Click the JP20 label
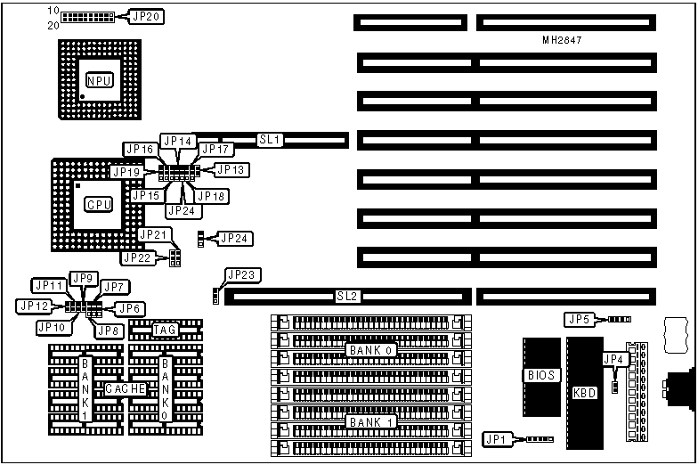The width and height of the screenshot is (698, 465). pyautogui.click(x=145, y=17)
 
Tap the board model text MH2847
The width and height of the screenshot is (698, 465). pyautogui.click(x=563, y=40)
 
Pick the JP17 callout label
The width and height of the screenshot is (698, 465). pyautogui.click(x=214, y=150)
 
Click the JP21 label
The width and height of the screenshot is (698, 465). pyautogui.click(x=153, y=233)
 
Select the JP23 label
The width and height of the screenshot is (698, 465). pyautogui.click(x=240, y=274)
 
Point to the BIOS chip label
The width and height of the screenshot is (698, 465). pyautogui.click(x=540, y=376)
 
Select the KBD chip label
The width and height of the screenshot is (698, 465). pyautogui.click(x=585, y=392)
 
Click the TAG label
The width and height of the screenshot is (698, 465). pyautogui.click(x=165, y=330)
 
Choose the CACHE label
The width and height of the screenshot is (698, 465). pyautogui.click(x=126, y=389)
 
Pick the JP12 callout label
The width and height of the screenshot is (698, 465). pyautogui.click(x=32, y=306)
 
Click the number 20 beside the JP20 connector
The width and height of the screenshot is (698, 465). pyautogui.click(x=53, y=25)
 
